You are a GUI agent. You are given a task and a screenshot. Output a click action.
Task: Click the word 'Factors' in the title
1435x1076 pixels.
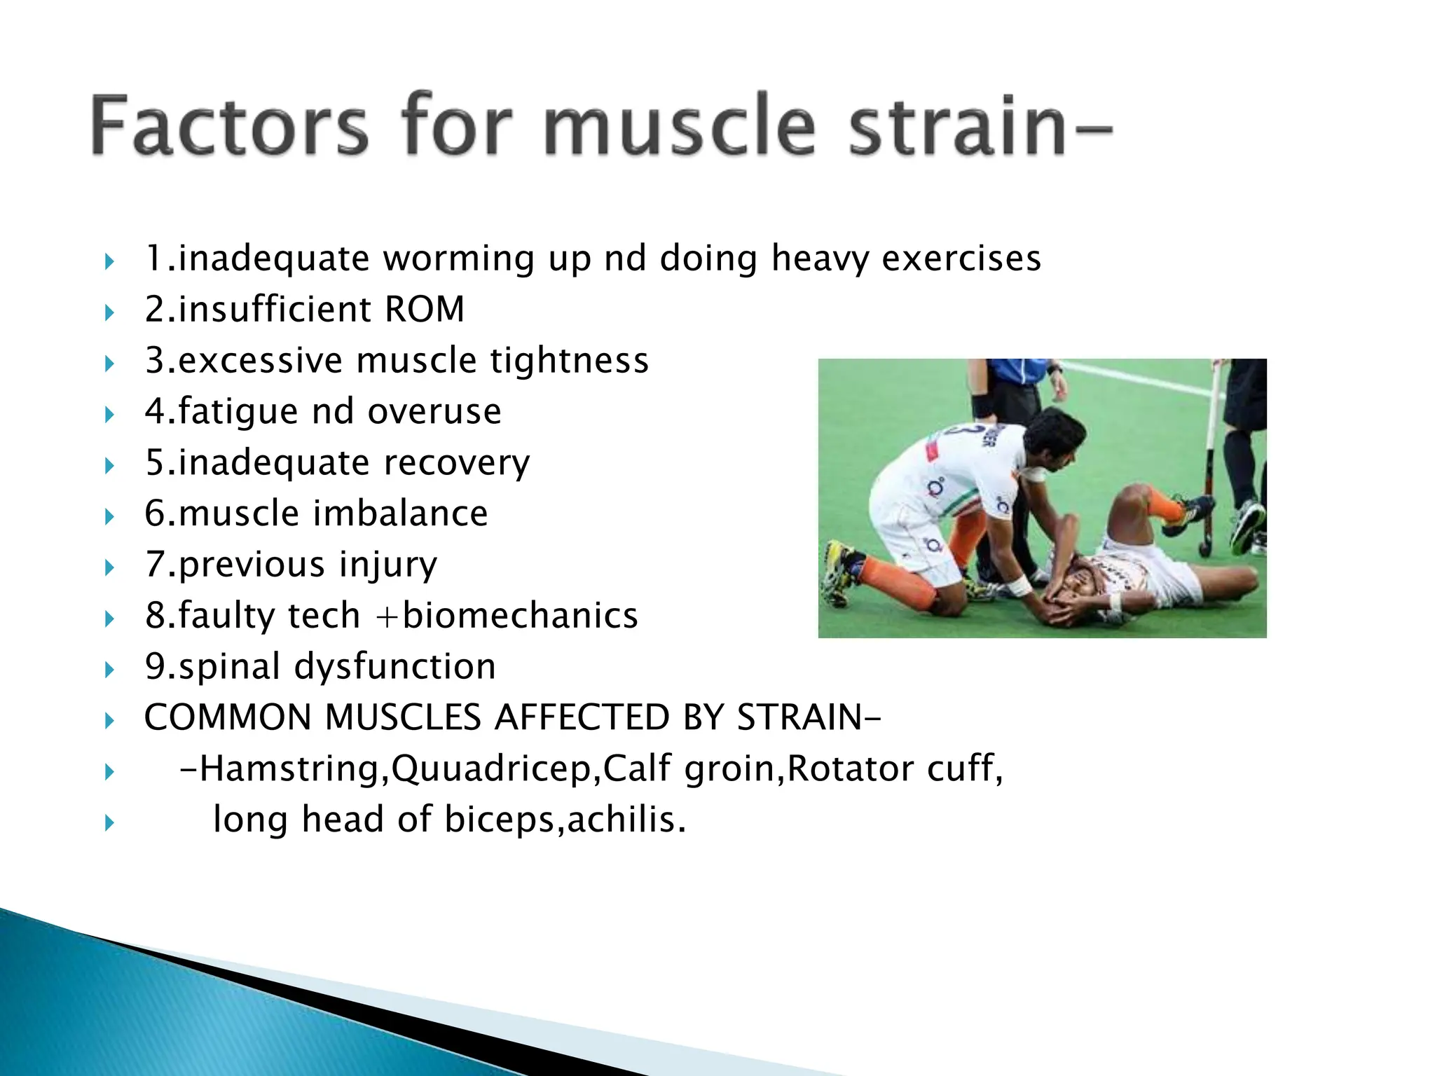click(x=228, y=125)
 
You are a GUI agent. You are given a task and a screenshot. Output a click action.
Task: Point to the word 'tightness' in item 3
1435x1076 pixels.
click(x=569, y=360)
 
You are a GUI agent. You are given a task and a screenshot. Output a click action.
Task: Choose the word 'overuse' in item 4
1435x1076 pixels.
click(x=434, y=411)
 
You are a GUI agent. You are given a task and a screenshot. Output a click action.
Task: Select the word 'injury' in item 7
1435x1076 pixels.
click(x=388, y=565)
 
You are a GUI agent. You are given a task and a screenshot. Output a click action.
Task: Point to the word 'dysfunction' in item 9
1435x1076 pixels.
click(x=395, y=666)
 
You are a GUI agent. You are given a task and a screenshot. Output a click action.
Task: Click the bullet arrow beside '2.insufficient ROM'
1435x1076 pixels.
click(x=109, y=312)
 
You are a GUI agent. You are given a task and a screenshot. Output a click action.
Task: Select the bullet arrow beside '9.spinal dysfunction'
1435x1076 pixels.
click(x=109, y=669)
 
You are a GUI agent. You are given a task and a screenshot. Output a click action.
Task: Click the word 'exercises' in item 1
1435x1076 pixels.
click(x=961, y=258)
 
